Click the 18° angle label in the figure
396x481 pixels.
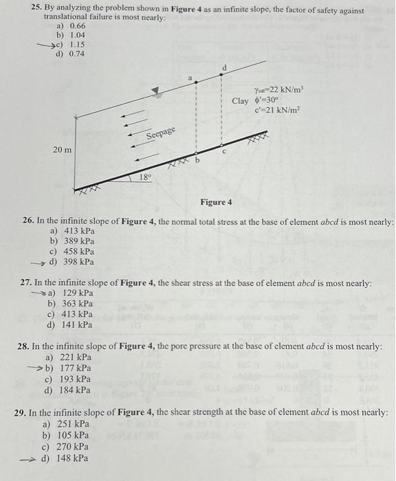click(145, 177)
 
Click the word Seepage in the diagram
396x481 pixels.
click(161, 133)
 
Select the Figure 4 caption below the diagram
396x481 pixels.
click(216, 202)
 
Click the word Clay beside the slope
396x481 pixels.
click(240, 101)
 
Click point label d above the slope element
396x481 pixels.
click(221, 66)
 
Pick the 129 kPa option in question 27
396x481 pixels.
click(77, 293)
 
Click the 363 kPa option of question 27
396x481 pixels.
click(77, 304)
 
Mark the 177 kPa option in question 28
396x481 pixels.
click(76, 368)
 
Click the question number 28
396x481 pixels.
click(23, 346)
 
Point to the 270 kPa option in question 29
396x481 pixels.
click(73, 447)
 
